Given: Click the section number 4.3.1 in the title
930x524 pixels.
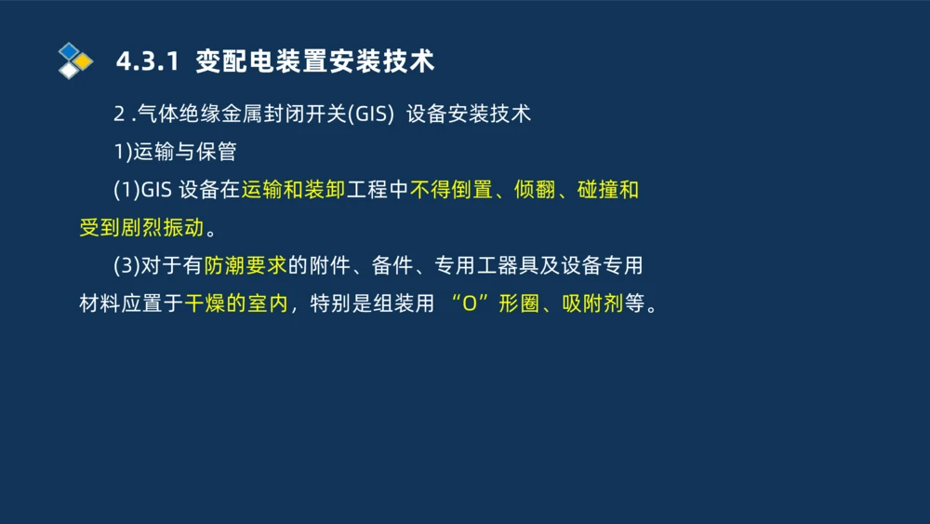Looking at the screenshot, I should [x=146, y=62].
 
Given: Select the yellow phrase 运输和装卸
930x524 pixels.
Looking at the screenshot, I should [x=294, y=190].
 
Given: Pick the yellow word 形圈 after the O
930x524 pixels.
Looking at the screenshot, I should [x=518, y=304].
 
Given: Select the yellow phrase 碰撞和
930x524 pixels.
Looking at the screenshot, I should [x=608, y=190].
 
